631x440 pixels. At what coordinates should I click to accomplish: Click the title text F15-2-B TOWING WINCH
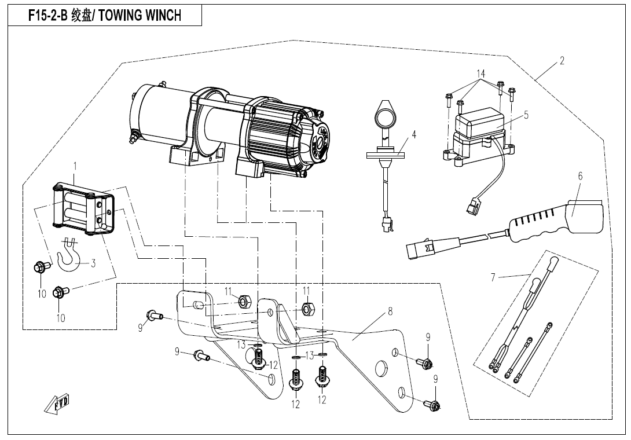(105, 16)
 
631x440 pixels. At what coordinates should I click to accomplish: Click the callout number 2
(561, 61)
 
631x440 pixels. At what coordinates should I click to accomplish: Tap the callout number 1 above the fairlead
(75, 166)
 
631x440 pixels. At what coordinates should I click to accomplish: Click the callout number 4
(414, 135)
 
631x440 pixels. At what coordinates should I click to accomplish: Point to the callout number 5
(526, 115)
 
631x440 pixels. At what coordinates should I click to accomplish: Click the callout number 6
(579, 176)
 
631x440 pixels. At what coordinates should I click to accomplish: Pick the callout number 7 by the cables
(493, 277)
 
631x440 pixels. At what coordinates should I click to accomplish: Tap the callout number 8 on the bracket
(390, 311)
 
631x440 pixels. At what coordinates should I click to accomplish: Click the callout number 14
(480, 74)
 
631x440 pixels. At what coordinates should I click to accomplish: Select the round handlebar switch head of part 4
(384, 115)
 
